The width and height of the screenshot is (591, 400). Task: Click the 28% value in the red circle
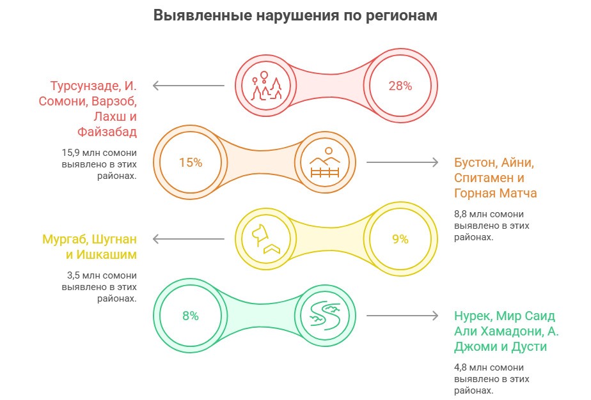[400, 86]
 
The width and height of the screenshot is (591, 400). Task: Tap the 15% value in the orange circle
[191, 162]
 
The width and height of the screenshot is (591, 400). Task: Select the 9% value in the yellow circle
[400, 240]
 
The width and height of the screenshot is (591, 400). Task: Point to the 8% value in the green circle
[191, 316]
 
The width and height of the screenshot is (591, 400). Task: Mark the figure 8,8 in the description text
[461, 215]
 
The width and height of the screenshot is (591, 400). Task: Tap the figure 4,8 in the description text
[461, 367]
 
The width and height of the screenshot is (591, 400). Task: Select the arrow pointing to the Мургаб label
[188, 240]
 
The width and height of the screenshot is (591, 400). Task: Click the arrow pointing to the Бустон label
[402, 162]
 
